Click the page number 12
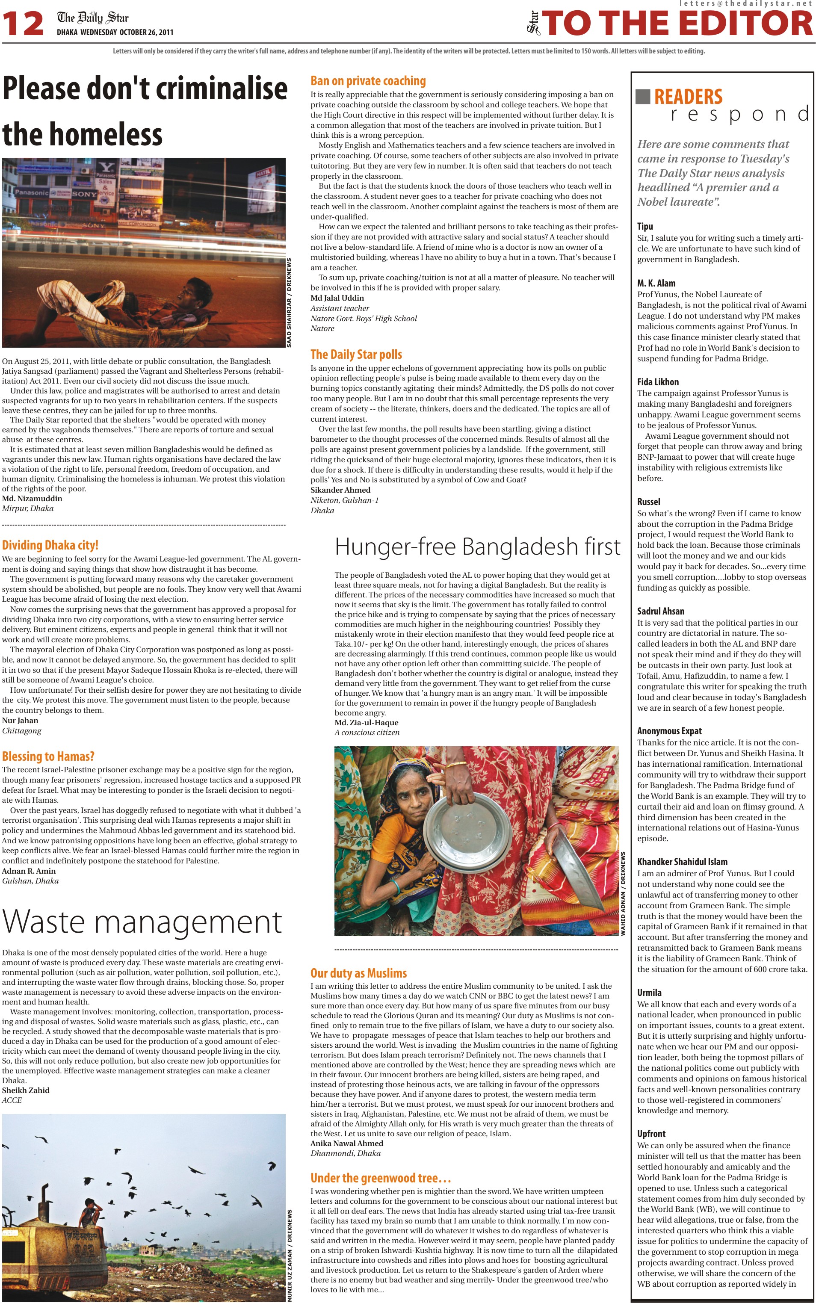pos(23,24)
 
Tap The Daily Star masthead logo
pos(93,18)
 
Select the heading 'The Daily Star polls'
pos(356,355)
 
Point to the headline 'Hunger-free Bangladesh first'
pos(477,547)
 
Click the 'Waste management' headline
pos(142,922)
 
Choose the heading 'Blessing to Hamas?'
pos(48,756)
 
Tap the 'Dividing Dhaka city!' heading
pos(50,545)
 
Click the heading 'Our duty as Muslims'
pos(358,973)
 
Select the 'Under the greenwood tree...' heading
pos(381,1178)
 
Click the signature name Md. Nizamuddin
pos(32,499)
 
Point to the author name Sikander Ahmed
pos(340,490)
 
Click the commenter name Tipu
pos(645,227)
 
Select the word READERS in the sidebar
pos(688,97)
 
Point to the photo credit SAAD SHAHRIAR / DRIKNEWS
pos(289,302)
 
